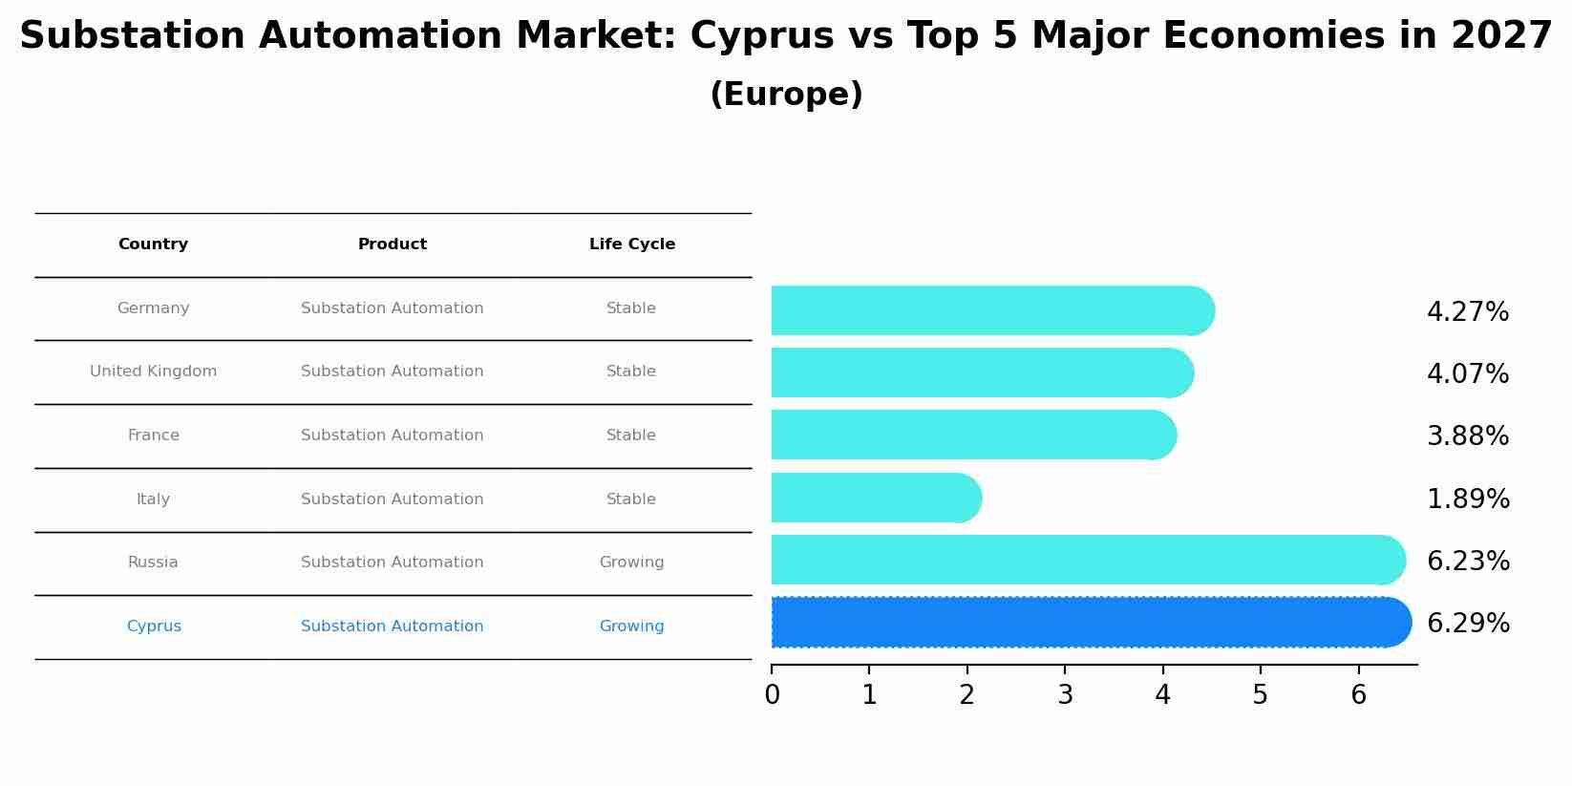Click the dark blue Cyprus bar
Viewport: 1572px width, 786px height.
[1089, 623]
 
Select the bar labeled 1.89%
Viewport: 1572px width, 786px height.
[874, 498]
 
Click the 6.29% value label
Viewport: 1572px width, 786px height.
[1468, 624]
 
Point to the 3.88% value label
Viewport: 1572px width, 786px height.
[1467, 436]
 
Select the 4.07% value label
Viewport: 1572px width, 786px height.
[1467, 373]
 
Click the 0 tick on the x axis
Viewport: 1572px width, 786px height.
[772, 695]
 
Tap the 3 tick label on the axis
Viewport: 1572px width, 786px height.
[1065, 695]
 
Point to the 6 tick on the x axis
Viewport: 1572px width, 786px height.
[1358, 695]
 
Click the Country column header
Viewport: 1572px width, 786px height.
[153, 244]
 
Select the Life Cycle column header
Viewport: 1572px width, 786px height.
[631, 244]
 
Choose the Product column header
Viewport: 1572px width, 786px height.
[392, 244]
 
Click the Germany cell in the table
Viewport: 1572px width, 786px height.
[153, 308]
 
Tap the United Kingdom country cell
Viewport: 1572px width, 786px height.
[153, 372]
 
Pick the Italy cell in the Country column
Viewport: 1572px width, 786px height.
[153, 499]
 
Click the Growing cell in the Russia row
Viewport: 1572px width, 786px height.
[631, 563]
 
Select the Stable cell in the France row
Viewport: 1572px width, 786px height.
[631, 435]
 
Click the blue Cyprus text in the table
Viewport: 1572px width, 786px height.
[153, 627]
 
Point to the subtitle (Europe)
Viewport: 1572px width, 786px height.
[786, 95]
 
